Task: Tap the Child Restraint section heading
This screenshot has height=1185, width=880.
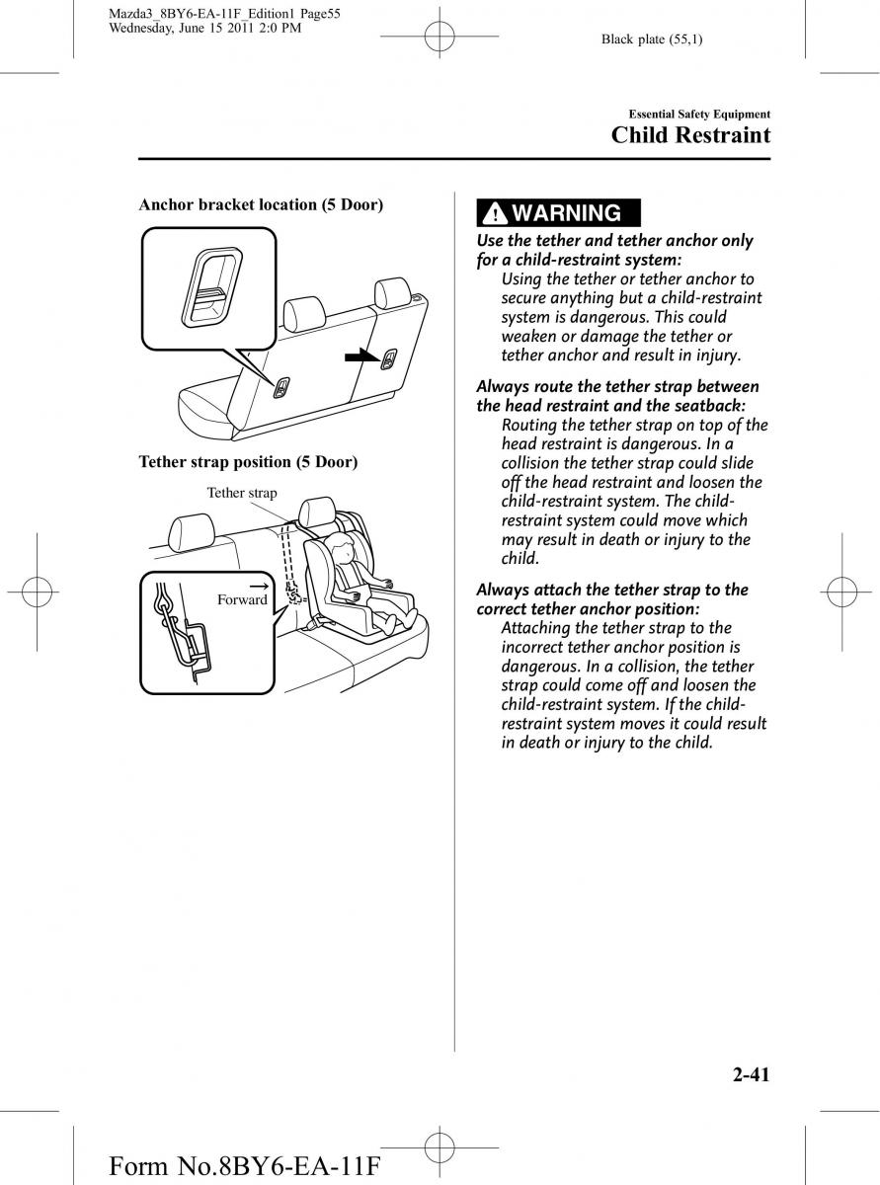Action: pos(690,135)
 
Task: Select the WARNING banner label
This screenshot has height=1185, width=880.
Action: pos(566,212)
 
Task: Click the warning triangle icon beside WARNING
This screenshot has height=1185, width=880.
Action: pos(495,213)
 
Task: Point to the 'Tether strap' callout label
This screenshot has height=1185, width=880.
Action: pos(242,493)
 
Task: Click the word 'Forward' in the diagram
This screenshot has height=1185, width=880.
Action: pos(242,599)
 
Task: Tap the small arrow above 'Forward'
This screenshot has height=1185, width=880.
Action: pos(260,585)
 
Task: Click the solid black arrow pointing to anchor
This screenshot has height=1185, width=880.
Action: pos(360,356)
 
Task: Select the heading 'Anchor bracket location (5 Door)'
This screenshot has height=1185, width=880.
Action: pos(261,204)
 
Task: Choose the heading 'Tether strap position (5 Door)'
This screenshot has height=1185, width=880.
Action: pos(248,461)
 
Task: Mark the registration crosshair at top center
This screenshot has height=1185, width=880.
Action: pos(440,38)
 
